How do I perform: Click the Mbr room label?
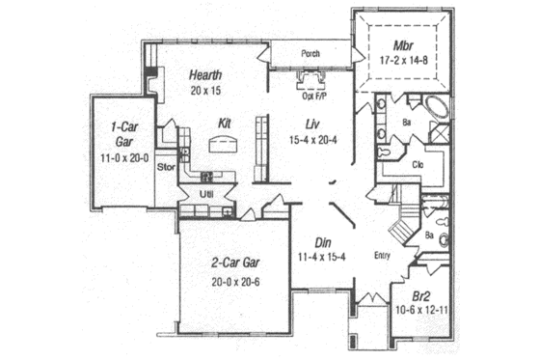403,46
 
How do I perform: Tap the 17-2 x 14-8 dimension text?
403,61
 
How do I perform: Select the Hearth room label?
206,74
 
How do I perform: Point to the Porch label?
310,54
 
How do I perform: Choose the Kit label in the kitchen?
224,124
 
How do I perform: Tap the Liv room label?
312,124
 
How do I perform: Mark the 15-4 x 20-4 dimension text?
312,140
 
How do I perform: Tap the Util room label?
205,194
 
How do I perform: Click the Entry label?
382,255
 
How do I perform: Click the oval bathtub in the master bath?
436,109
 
